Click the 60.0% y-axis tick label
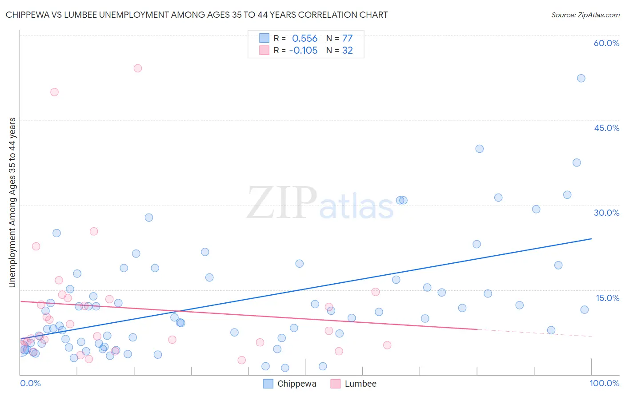[x=606, y=43]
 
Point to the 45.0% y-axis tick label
[x=606, y=128]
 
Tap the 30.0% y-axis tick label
[x=606, y=213]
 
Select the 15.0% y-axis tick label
[x=607, y=298]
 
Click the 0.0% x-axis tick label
[x=30, y=383]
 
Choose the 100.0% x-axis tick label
[x=604, y=383]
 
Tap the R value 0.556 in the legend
[x=304, y=39]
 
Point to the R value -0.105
[x=303, y=51]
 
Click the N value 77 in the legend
[x=347, y=39]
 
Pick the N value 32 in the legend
[x=347, y=51]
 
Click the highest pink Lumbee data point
[x=138, y=68]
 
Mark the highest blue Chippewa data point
[x=581, y=78]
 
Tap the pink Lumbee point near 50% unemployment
[x=54, y=92]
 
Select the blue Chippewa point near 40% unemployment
[x=479, y=149]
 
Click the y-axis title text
[x=12, y=202]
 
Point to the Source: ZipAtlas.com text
[x=585, y=15]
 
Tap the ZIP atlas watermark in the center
[x=320, y=203]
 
